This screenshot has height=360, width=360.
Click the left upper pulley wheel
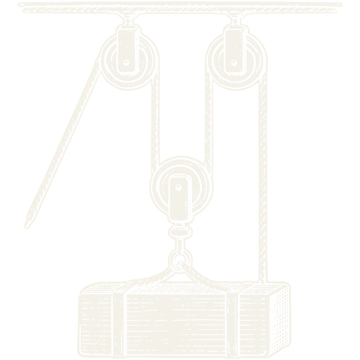(x=129, y=60)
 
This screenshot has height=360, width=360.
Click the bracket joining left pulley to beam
(x=129, y=24)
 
